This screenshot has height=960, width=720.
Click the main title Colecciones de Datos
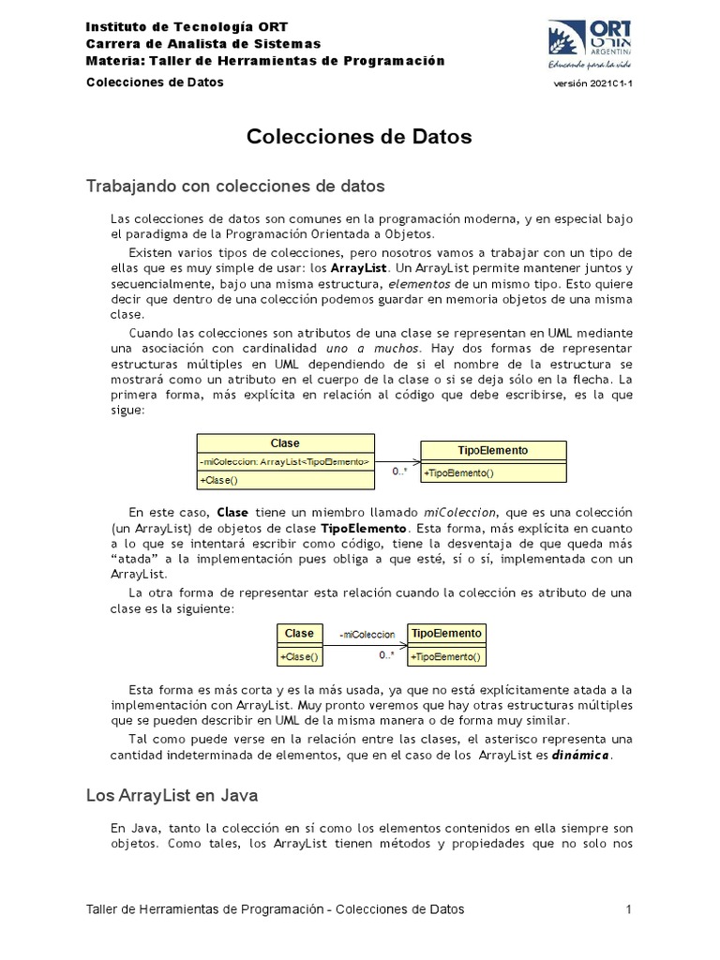(359, 137)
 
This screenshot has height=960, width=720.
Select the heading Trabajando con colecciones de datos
(235, 186)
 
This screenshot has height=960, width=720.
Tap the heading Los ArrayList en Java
(172, 795)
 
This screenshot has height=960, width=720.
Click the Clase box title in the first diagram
(285, 443)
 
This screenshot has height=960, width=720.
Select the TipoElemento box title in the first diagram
(493, 450)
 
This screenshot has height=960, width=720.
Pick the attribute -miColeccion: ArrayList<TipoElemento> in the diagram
(285, 462)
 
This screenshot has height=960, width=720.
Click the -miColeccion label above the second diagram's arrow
(367, 635)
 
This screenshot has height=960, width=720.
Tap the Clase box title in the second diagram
(299, 634)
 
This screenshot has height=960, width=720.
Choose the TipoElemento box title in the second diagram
(446, 634)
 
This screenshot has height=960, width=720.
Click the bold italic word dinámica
(581, 756)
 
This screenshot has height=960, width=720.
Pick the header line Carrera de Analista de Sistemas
(202, 44)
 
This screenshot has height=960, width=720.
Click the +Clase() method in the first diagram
(218, 480)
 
